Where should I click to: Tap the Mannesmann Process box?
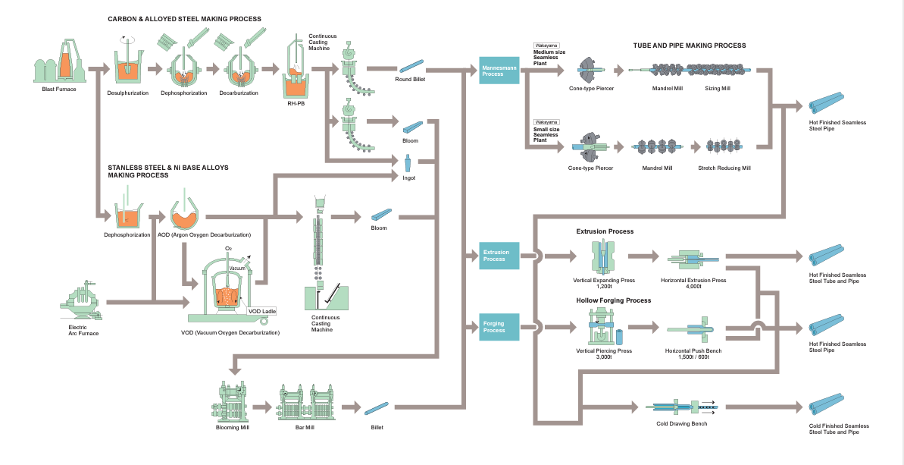[499, 71]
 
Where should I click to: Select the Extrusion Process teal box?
[499, 256]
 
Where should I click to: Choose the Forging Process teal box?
[499, 327]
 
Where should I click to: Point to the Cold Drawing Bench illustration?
[680, 407]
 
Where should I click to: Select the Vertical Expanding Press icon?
[604, 257]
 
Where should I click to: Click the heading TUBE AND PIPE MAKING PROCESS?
[690, 46]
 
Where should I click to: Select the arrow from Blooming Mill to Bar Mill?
[263, 407]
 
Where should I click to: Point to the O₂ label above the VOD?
[228, 249]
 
